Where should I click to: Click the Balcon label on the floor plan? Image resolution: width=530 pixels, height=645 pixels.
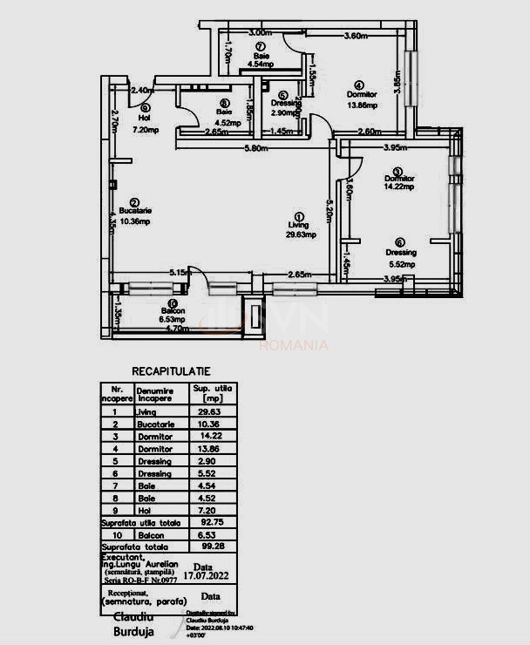tap(173, 310)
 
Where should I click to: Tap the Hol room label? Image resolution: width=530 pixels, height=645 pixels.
tap(145, 119)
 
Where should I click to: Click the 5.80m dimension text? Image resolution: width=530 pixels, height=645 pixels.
tap(254, 147)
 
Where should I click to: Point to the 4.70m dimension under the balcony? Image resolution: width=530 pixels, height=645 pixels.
tap(177, 329)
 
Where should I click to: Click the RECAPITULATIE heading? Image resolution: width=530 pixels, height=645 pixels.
tap(170, 371)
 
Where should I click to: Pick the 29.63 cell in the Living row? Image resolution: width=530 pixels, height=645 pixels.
tap(213, 412)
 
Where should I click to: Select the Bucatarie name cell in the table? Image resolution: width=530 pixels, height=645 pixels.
tap(156, 424)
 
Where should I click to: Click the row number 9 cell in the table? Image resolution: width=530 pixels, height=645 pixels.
tap(115, 510)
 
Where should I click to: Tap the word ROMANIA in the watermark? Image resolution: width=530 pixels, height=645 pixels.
tap(294, 345)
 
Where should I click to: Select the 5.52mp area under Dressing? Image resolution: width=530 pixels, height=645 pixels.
tap(400, 263)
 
